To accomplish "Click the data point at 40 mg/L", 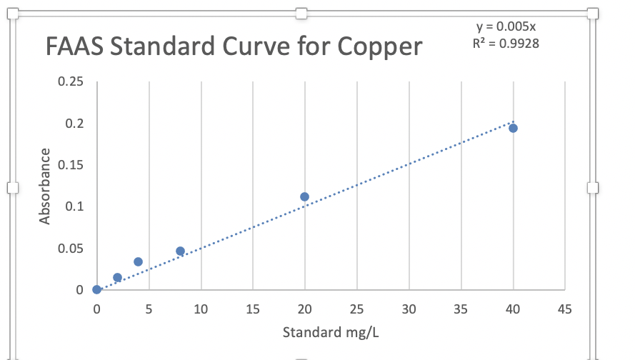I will click(513, 128).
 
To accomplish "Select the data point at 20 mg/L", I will click(304, 196).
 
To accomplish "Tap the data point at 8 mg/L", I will click(180, 251).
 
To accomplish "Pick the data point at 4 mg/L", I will click(138, 261).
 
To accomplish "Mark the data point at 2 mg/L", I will click(117, 277).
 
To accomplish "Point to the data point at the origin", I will click(96, 289).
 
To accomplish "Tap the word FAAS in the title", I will click(73, 47).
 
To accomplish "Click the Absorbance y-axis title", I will click(45, 186).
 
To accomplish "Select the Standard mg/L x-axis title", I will click(331, 332).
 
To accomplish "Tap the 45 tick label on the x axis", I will click(564, 309).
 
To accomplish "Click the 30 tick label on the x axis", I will click(409, 309).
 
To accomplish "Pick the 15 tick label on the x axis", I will click(253, 309).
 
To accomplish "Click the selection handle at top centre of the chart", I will click(301, 13).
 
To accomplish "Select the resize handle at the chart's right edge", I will click(592, 187).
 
